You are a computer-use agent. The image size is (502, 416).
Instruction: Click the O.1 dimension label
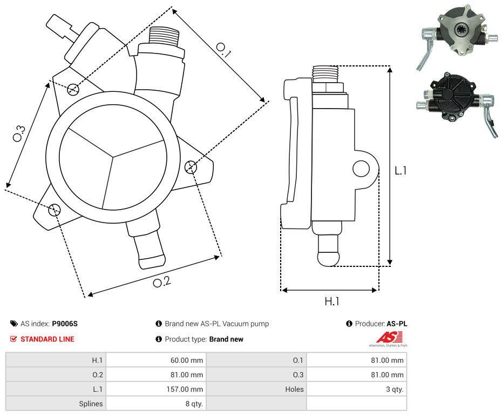[x=223, y=50]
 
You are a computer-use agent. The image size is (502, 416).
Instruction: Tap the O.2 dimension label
[x=161, y=282]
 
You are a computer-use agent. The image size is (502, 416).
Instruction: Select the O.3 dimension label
[x=19, y=133]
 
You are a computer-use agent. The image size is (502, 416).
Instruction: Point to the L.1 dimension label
[x=401, y=171]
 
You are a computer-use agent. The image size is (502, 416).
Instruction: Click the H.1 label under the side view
[x=331, y=301]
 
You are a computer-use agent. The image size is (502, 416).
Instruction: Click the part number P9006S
[x=65, y=324]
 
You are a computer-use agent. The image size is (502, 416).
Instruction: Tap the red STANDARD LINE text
[x=48, y=339]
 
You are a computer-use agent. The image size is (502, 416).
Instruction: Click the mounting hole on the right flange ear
[x=190, y=167]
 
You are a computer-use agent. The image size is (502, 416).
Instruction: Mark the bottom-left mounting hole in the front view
[x=54, y=210]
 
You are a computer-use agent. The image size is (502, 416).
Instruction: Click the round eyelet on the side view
[x=361, y=169]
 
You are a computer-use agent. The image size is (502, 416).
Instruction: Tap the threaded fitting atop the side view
[x=325, y=72]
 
